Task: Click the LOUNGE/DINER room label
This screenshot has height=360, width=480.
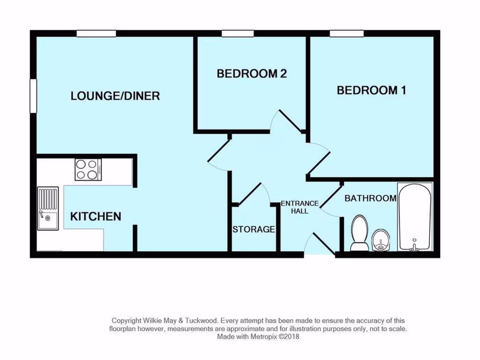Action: click(x=115, y=96)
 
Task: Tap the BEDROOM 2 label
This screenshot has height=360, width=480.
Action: click(x=251, y=74)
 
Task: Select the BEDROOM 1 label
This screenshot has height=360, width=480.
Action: click(x=371, y=90)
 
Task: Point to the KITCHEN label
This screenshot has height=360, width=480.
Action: click(x=96, y=217)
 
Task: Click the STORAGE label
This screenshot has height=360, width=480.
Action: click(x=254, y=229)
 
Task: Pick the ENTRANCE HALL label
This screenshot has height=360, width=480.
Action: click(x=300, y=207)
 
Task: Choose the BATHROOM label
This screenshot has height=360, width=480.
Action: click(x=370, y=198)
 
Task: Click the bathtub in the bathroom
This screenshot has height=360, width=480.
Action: click(x=414, y=217)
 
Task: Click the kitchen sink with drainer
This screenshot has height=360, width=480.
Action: click(x=48, y=209)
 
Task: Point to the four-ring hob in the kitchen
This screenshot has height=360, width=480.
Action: click(x=88, y=170)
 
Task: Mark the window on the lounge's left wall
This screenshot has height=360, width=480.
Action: click(x=33, y=96)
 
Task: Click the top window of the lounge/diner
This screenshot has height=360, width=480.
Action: click(x=96, y=33)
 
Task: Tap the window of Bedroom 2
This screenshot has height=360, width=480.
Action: click(x=238, y=33)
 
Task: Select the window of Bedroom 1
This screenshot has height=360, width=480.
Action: click(x=346, y=33)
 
